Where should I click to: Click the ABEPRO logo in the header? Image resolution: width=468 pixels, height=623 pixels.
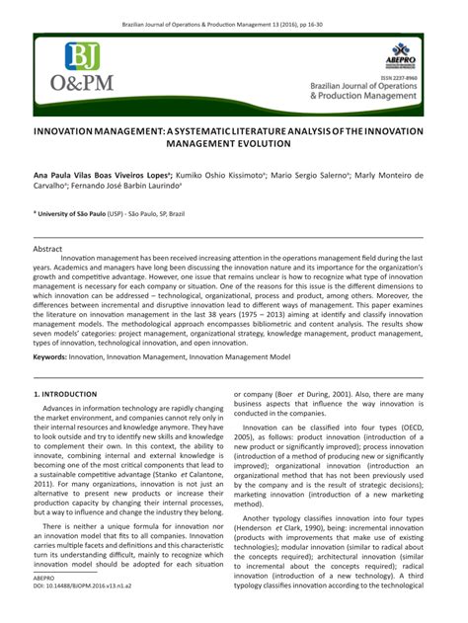coord(400,51)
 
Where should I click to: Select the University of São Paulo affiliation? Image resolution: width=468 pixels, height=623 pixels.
coord(76,212)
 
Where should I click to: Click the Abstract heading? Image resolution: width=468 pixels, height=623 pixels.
coord(49,250)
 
